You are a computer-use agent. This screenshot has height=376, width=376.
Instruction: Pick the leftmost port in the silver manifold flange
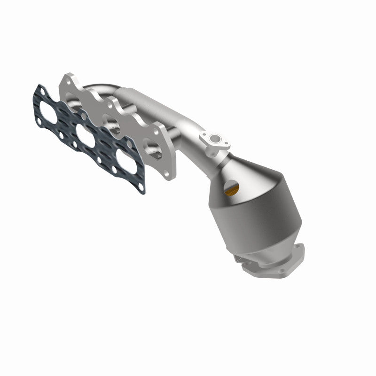75,98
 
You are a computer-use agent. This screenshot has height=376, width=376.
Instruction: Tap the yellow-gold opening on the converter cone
231,189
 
